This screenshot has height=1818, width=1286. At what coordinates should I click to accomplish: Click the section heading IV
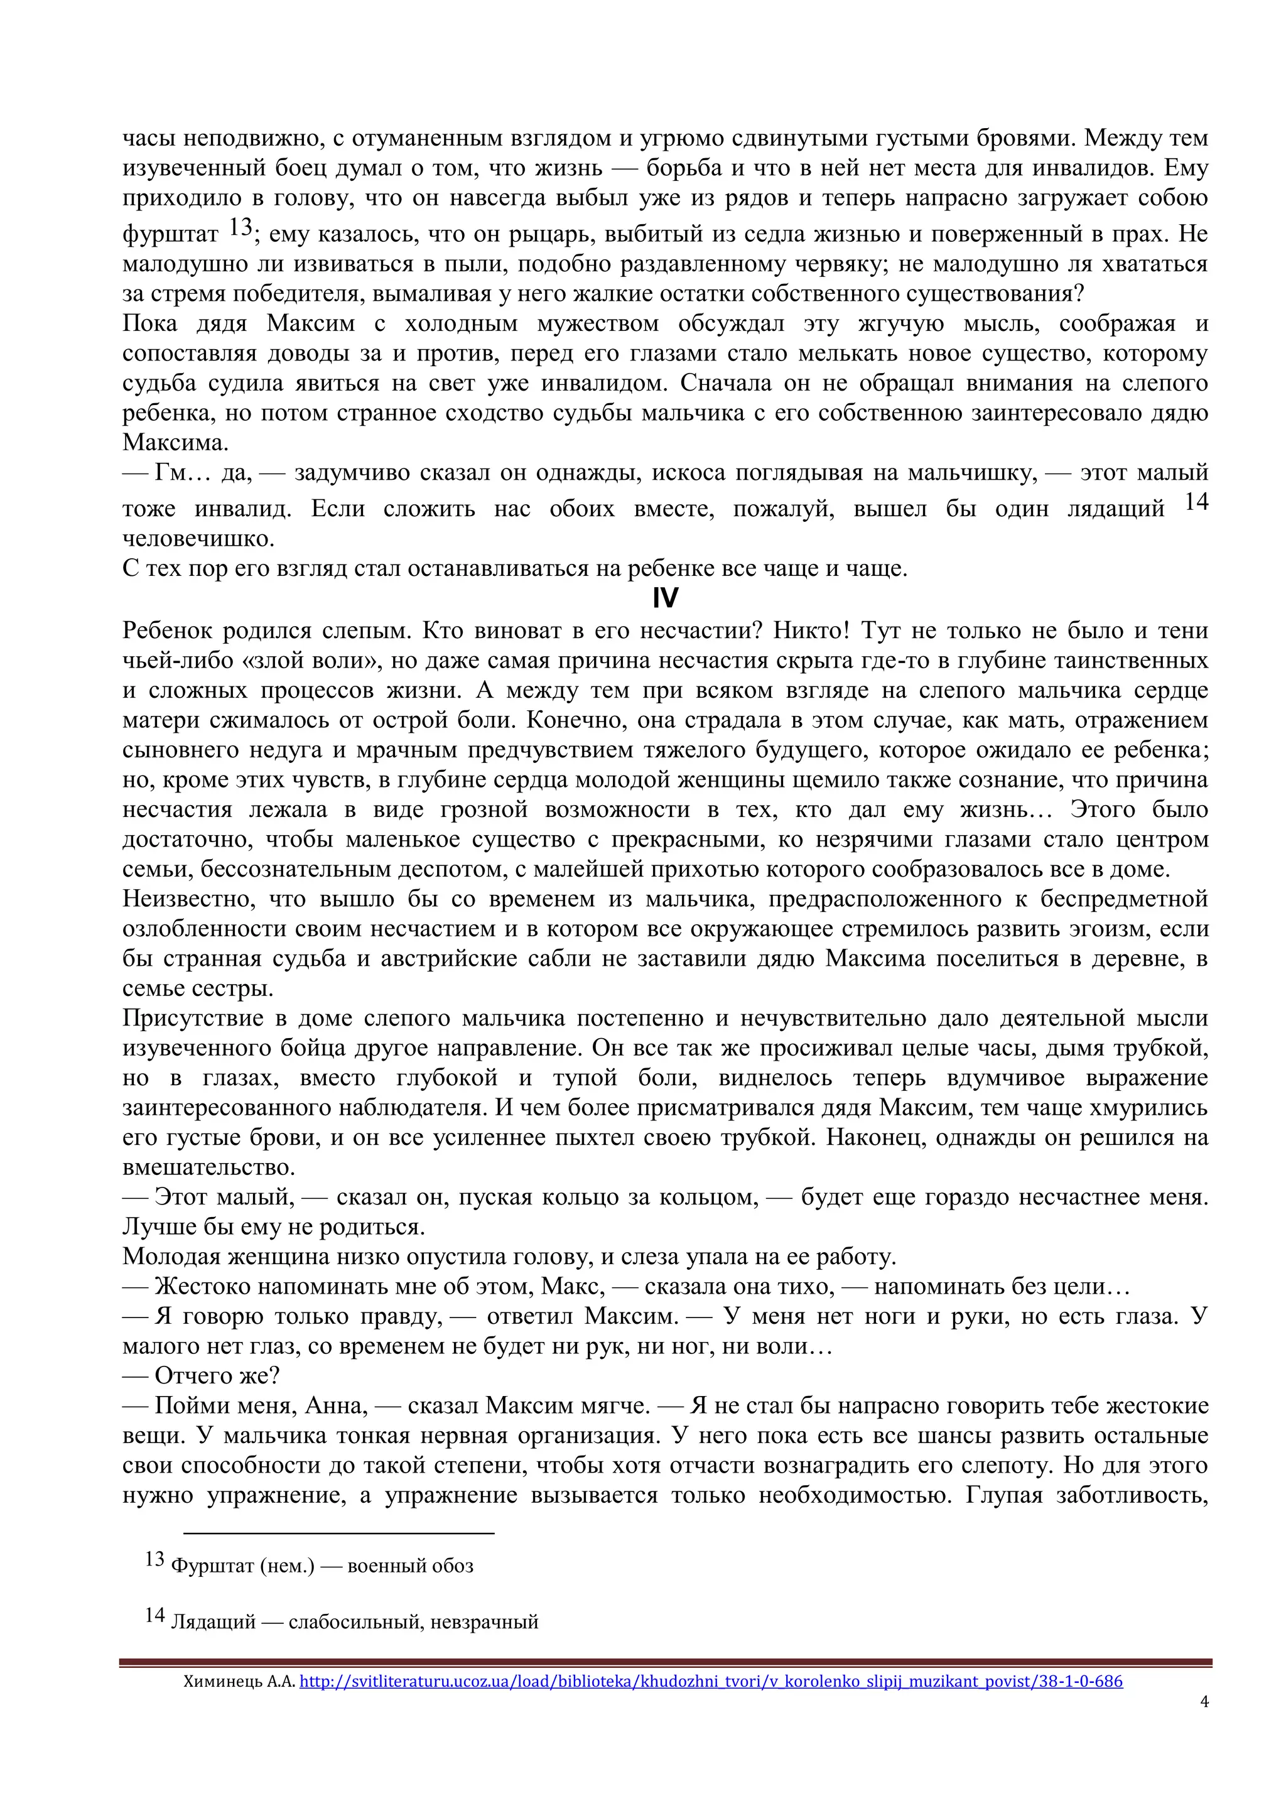(665, 598)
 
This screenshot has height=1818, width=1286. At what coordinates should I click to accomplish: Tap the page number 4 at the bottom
(1204, 1701)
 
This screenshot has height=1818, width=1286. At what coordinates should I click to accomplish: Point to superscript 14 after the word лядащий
(1196, 501)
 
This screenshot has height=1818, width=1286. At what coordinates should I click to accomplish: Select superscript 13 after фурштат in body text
(240, 227)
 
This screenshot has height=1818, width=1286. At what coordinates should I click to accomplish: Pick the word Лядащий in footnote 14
(213, 1621)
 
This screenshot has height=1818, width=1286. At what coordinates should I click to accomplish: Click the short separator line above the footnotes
(339, 1533)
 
